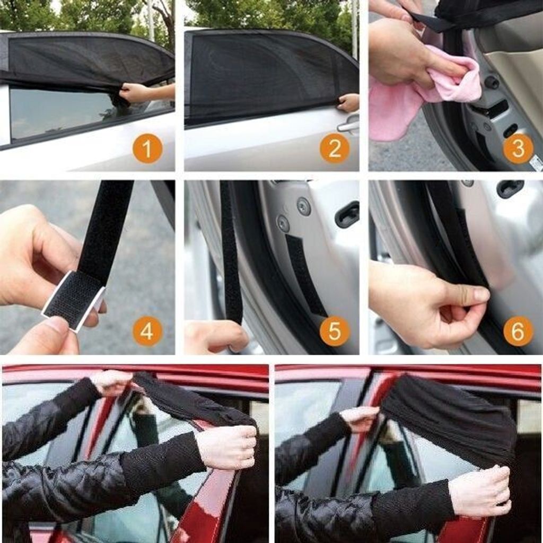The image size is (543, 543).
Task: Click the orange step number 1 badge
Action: (x=147, y=149)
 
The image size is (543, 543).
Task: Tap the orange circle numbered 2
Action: (x=335, y=148)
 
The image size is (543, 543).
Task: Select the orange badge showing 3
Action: (x=518, y=148)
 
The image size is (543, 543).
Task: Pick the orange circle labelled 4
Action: (x=147, y=331)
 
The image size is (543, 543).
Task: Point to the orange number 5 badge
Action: (x=335, y=331)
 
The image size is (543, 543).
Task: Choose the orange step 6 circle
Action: (x=518, y=331)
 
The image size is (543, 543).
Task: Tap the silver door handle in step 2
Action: (x=348, y=125)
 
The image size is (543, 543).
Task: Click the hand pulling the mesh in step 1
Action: (x=133, y=93)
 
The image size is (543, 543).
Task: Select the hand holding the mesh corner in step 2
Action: (x=348, y=103)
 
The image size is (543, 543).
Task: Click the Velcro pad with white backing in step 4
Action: (x=73, y=294)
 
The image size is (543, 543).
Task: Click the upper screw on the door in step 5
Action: (x=303, y=206)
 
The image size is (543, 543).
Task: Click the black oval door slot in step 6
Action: (x=510, y=189)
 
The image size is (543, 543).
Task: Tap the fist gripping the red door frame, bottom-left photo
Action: (x=226, y=446)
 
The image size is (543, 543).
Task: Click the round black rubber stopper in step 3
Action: (x=492, y=82)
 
